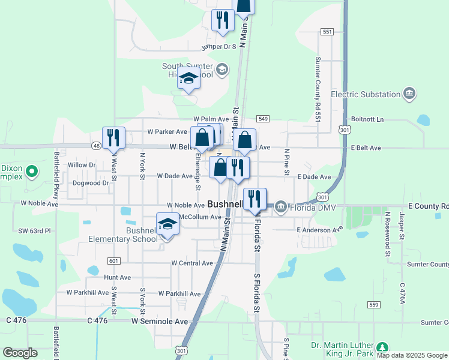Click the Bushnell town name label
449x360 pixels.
(x=225, y=204)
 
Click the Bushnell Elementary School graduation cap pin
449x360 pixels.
(x=168, y=225)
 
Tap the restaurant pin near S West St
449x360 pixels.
(x=113, y=138)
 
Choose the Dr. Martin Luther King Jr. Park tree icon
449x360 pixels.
(x=381, y=348)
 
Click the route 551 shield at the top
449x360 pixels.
(x=327, y=31)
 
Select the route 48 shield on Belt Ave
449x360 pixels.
(x=96, y=146)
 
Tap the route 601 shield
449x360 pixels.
(x=113, y=260)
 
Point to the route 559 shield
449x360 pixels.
(x=374, y=304)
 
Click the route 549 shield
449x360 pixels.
(x=264, y=118)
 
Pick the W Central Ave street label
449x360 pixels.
(x=192, y=263)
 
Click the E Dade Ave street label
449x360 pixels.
(x=314, y=177)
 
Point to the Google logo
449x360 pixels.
(x=20, y=353)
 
